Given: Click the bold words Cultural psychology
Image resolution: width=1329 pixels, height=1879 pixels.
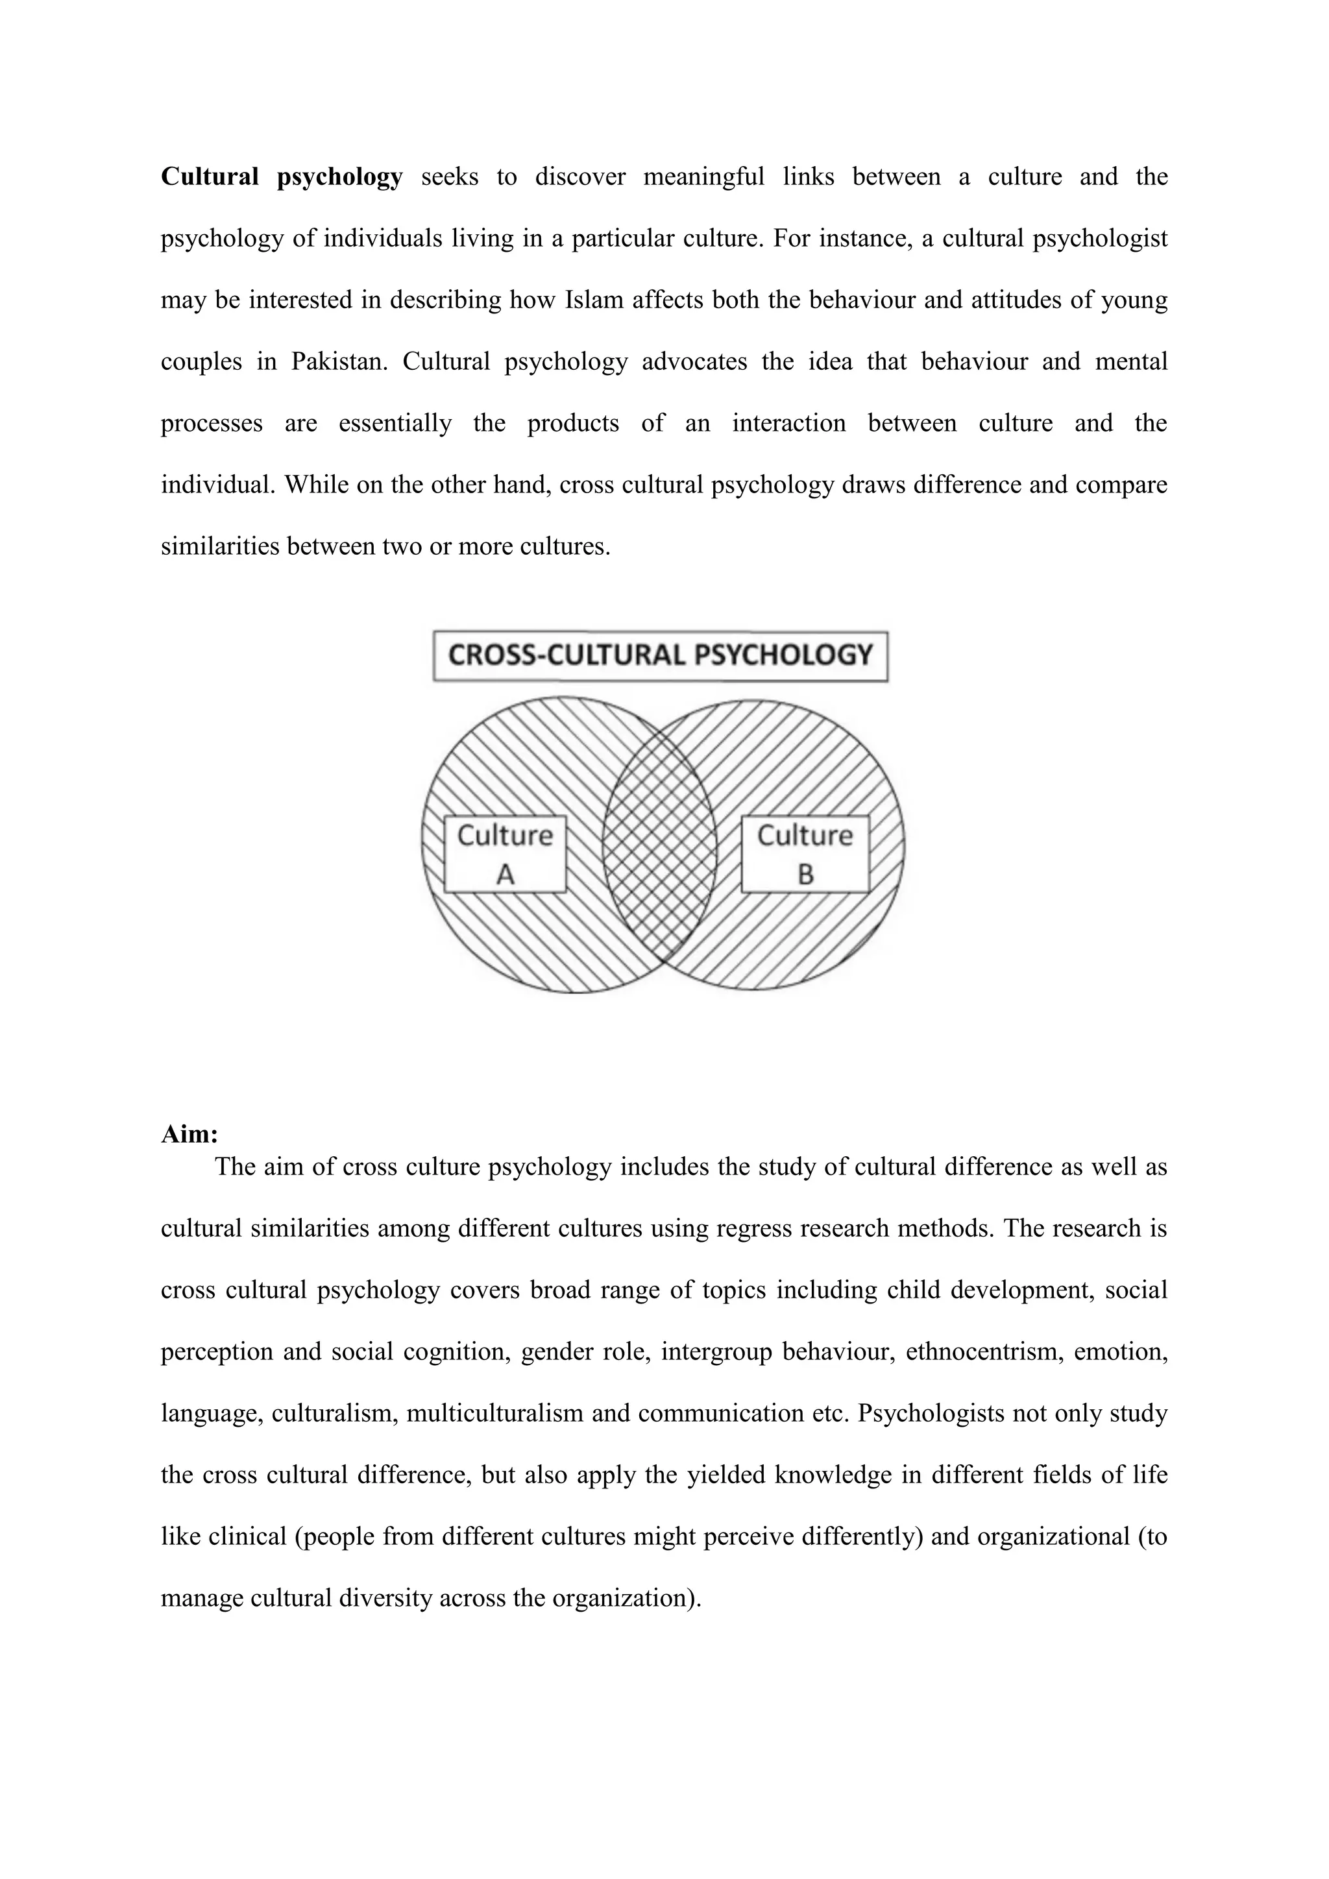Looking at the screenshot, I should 282,176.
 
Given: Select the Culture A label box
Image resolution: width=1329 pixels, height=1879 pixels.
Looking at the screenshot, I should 505,855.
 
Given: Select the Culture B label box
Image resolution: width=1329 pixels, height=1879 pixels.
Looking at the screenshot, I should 805,855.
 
